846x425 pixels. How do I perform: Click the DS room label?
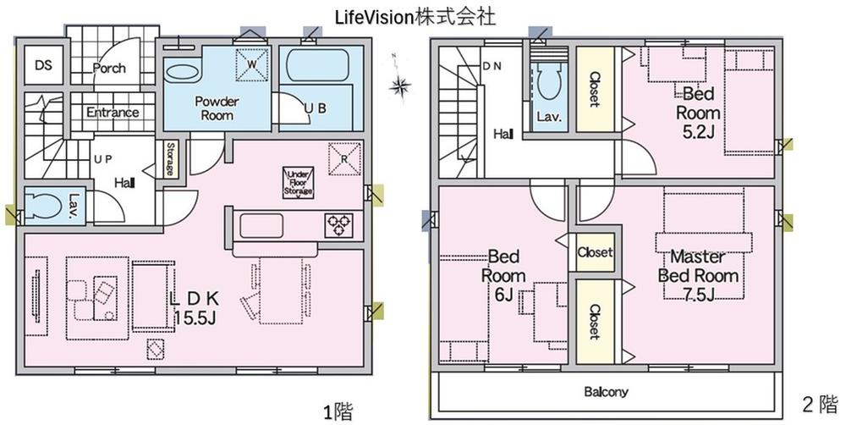pyautogui.click(x=44, y=65)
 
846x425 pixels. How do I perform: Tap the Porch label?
pyautogui.click(x=109, y=68)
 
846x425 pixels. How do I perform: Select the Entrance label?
pyautogui.click(x=113, y=113)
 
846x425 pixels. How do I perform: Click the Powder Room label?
pyautogui.click(x=217, y=108)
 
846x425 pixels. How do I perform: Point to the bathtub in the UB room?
pyautogui.click(x=321, y=65)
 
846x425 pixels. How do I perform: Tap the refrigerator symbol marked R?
pyautogui.click(x=344, y=159)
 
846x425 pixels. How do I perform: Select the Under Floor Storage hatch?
pyautogui.click(x=299, y=183)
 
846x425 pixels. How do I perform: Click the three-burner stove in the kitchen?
pyautogui.click(x=339, y=225)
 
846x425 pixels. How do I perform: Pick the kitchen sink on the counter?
pyautogui.click(x=261, y=226)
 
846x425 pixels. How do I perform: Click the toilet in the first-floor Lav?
pyautogui.click(x=44, y=207)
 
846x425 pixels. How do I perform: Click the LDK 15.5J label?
pyautogui.click(x=195, y=308)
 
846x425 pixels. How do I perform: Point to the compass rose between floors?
pyautogui.click(x=400, y=85)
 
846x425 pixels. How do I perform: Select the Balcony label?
pyautogui.click(x=607, y=392)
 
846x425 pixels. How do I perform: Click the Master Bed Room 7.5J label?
pyautogui.click(x=698, y=275)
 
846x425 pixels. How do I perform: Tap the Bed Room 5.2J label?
pyautogui.click(x=698, y=113)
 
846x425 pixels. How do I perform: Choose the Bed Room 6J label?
pyautogui.click(x=503, y=275)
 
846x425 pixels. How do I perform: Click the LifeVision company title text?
pyautogui.click(x=415, y=17)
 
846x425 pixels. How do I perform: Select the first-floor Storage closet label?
pyautogui.click(x=169, y=159)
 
